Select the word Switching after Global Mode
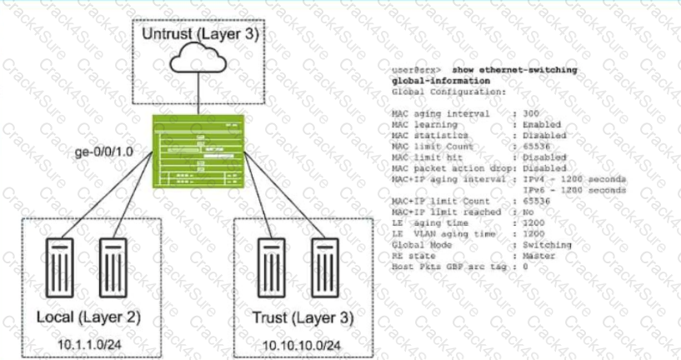pyautogui.click(x=546, y=244)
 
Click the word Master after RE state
pyautogui.click(x=539, y=255)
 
